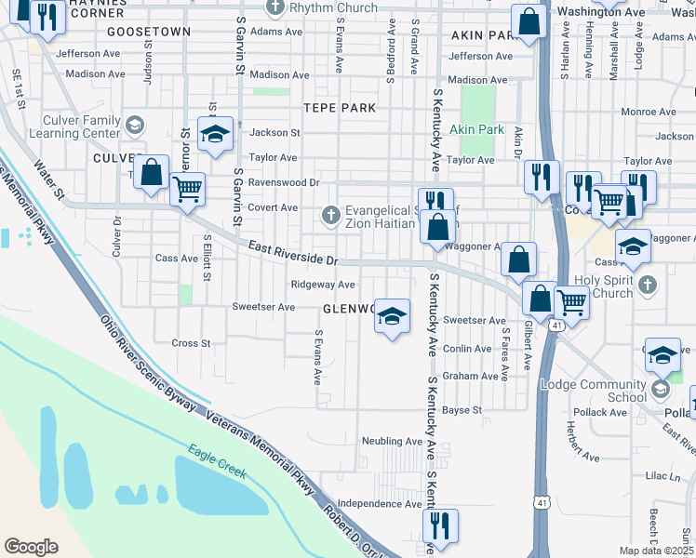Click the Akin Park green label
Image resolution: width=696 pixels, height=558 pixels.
click(x=476, y=129)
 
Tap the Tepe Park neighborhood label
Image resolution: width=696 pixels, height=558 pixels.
click(x=340, y=108)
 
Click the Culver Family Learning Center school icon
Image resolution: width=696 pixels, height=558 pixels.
click(x=135, y=125)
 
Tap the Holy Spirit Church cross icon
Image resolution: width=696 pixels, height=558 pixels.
click(x=649, y=284)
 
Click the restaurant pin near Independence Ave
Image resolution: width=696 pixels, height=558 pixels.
click(x=437, y=524)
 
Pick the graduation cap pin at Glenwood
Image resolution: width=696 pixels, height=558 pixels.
click(x=392, y=316)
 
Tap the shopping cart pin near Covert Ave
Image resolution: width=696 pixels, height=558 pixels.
click(x=188, y=190)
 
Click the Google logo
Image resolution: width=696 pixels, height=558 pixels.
click(x=31, y=547)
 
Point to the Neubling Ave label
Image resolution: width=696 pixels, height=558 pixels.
click(x=392, y=441)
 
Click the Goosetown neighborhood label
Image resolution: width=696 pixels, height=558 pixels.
click(x=149, y=32)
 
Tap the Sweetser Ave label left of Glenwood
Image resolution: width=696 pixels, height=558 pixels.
click(x=263, y=307)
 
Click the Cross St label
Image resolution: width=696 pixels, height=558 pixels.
click(x=191, y=343)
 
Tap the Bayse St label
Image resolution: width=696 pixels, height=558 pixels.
click(x=462, y=409)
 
